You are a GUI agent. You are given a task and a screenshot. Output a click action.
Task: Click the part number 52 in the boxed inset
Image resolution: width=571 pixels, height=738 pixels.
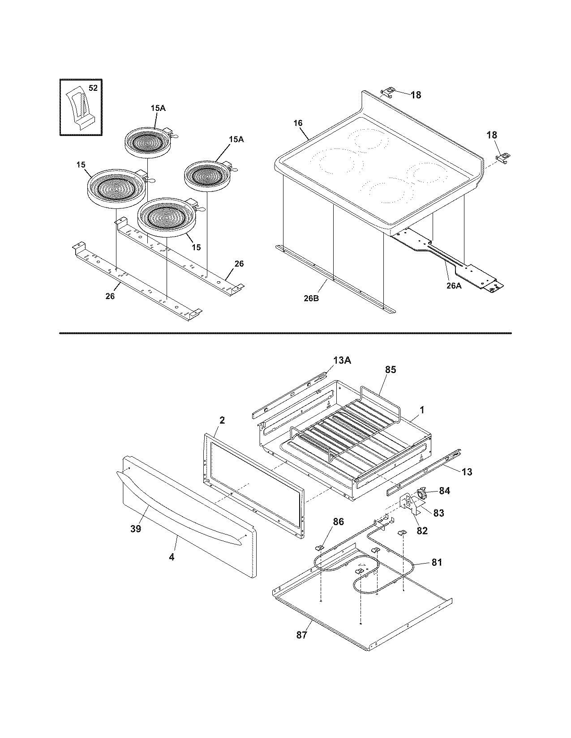pyautogui.click(x=93, y=88)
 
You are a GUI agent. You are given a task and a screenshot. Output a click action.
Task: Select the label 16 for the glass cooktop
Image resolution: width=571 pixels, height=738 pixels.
pyautogui.click(x=299, y=123)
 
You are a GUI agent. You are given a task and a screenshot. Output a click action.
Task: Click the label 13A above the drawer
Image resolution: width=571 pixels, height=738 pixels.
pyautogui.click(x=342, y=360)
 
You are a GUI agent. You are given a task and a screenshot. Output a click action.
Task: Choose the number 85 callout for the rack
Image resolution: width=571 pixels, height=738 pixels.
pyautogui.click(x=391, y=370)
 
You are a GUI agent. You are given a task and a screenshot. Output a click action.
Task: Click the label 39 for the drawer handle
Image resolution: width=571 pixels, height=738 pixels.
pyautogui.click(x=136, y=529)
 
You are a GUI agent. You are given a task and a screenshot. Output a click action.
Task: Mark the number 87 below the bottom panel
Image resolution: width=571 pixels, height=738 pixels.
pyautogui.click(x=302, y=635)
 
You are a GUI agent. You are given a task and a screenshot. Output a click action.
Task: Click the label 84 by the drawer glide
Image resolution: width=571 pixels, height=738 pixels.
pyautogui.click(x=444, y=491)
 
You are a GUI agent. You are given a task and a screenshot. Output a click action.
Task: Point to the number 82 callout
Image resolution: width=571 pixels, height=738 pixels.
pyautogui.click(x=422, y=531)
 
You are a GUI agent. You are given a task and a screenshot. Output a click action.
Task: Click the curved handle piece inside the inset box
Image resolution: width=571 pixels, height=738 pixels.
pyautogui.click(x=80, y=109)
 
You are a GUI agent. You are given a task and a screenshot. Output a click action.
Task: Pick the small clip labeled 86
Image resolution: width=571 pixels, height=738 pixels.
pyautogui.click(x=320, y=548)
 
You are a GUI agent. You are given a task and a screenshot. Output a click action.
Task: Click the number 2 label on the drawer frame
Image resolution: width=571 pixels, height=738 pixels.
pyautogui.click(x=223, y=420)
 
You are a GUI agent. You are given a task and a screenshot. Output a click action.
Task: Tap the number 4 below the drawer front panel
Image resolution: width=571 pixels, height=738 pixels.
pyautogui.click(x=172, y=557)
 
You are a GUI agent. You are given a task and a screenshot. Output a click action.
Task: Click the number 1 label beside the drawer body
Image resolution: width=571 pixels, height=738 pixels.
pyautogui.click(x=422, y=410)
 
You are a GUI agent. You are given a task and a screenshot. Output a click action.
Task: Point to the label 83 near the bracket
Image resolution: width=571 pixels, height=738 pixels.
pyautogui.click(x=438, y=513)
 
